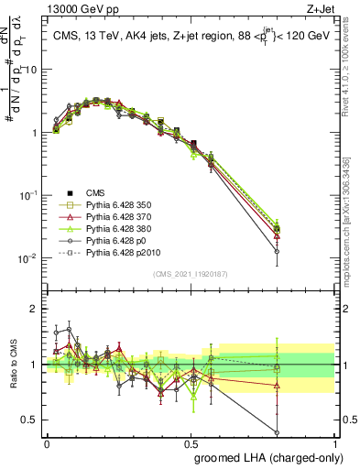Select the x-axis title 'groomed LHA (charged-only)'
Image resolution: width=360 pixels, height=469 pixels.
click(265, 455)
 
